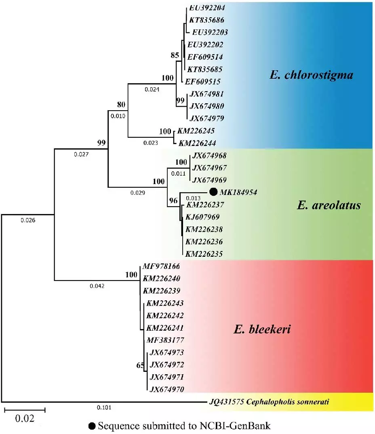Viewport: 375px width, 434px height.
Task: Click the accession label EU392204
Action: tap(207, 7)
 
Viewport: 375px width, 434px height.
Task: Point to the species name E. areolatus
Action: tap(328, 205)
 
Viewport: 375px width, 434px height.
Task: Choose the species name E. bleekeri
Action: tap(262, 330)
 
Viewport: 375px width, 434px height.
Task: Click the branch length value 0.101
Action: tap(105, 407)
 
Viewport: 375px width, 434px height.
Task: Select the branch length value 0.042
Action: tap(97, 286)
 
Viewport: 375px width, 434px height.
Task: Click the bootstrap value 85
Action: tap(175, 55)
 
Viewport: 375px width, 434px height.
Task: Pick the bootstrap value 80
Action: tap(121, 105)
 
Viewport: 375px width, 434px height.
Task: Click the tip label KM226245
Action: tap(194, 131)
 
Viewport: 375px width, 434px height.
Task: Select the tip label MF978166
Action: tap(161, 266)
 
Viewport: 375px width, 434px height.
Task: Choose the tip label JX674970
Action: tap(167, 390)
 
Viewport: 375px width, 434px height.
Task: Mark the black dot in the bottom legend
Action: tap(92, 426)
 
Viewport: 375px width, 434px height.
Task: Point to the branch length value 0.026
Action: tap(28, 220)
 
